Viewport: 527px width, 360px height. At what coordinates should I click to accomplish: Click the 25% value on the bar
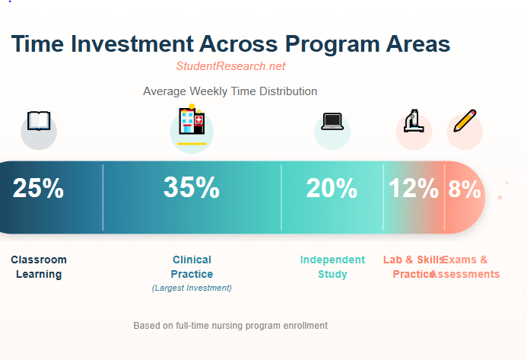click(x=38, y=188)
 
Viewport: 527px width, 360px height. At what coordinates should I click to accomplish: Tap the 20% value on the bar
click(x=332, y=188)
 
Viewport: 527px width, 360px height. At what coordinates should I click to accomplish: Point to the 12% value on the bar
click(x=414, y=188)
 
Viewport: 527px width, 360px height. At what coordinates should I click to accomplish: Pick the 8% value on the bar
click(x=464, y=189)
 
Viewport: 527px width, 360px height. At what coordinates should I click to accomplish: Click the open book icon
click(x=38, y=121)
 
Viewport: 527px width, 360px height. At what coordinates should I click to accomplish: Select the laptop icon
click(x=332, y=121)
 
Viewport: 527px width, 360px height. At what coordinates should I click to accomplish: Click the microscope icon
click(x=414, y=121)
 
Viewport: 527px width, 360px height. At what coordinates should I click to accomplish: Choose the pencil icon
click(x=465, y=121)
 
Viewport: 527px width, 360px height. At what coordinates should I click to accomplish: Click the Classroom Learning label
click(x=39, y=267)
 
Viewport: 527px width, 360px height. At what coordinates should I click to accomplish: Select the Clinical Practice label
click(x=192, y=267)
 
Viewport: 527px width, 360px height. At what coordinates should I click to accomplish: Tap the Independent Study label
click(x=332, y=267)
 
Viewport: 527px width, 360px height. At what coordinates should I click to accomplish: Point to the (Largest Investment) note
click(x=192, y=288)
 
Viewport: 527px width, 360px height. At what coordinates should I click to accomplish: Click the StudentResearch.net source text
click(x=230, y=66)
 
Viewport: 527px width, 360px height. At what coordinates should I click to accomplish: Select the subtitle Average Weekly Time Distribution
click(x=230, y=91)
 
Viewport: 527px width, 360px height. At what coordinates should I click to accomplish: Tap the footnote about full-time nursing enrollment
click(x=230, y=325)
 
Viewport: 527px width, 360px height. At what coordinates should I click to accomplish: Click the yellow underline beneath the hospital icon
click(x=192, y=143)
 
